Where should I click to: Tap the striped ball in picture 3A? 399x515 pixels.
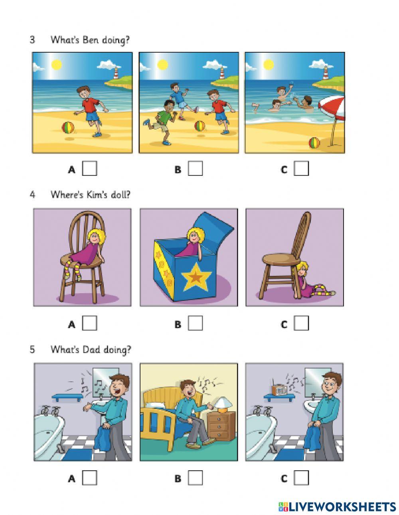(x=68, y=128)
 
